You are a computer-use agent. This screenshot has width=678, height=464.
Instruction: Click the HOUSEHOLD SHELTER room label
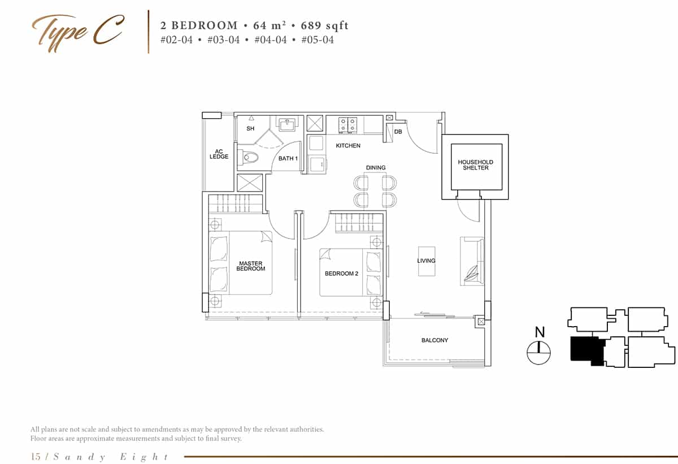(475, 165)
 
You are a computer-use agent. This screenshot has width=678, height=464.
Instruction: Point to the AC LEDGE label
(219, 154)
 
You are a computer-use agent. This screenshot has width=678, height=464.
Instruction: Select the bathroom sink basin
(284, 124)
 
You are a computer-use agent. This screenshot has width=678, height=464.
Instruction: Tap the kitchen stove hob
(346, 124)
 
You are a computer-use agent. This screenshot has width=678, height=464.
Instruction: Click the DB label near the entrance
(398, 132)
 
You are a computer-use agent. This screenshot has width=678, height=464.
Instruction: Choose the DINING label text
(376, 168)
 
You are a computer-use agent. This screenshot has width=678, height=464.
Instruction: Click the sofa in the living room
(472, 261)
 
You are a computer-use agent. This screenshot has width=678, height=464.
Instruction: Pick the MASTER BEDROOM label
(251, 266)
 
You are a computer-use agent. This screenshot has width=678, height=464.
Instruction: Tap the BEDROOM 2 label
(341, 274)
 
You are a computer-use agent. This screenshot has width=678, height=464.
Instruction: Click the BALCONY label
(434, 340)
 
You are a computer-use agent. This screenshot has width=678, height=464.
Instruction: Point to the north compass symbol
(539, 353)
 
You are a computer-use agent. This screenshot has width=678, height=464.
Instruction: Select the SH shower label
(250, 129)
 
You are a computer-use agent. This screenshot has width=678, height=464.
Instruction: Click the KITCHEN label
(348, 146)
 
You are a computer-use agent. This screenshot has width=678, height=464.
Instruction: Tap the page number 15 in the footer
(36, 457)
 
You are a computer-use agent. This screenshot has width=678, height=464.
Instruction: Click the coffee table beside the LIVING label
(427, 261)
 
